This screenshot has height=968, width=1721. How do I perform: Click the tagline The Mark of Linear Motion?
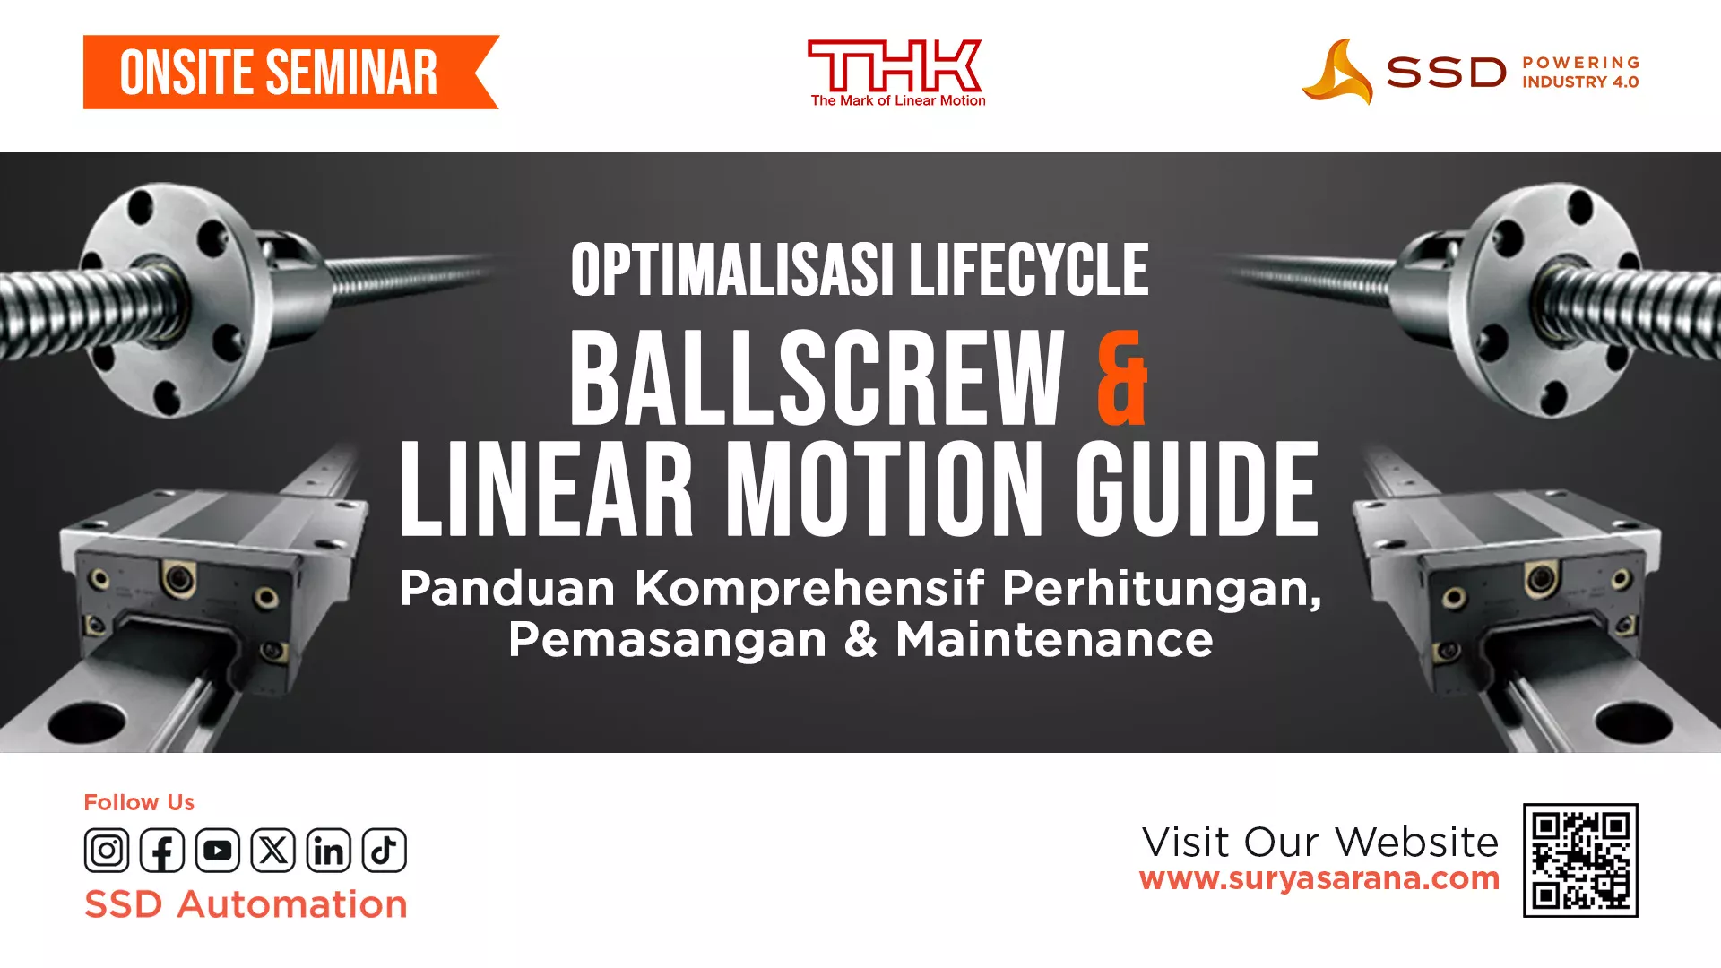coord(897,100)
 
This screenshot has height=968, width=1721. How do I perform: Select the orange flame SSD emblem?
coord(1337,72)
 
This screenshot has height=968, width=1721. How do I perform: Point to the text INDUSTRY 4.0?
coord(1580,82)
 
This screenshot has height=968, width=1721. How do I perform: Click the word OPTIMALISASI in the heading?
coord(732,270)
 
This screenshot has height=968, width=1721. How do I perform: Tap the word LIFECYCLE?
coord(1029,270)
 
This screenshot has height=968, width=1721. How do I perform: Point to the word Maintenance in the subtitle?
coord(1054,640)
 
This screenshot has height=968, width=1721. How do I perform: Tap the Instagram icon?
coord(107,850)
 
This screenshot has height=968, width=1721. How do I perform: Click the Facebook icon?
coord(162,850)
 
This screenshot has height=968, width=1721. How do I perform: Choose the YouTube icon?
coord(218,850)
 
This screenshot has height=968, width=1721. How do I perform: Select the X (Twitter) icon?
coord(273,850)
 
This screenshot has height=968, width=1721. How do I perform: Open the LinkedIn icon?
coord(329,850)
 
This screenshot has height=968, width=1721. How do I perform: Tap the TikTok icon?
coord(385,850)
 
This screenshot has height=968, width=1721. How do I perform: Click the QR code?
coord(1580,860)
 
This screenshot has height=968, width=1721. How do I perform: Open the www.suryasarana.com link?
coord(1319,878)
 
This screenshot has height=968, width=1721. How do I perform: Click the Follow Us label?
coord(139,802)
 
